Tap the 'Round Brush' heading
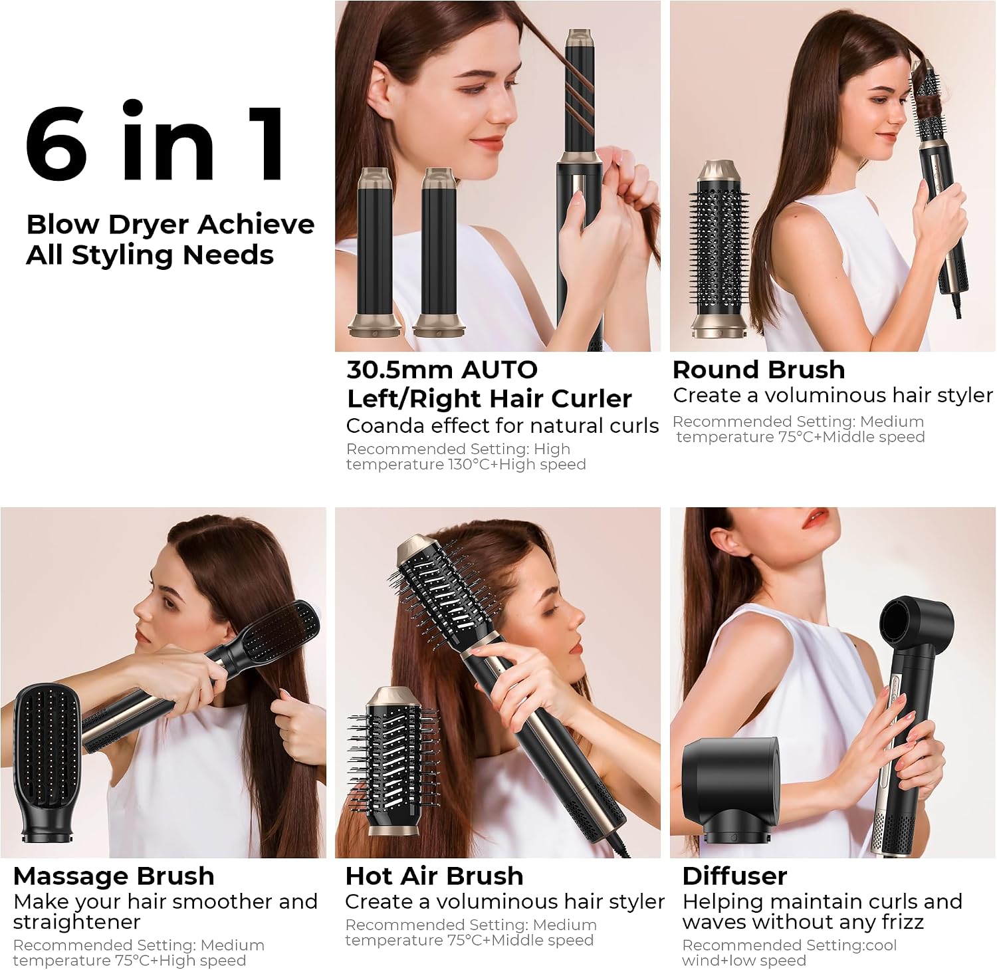pos(758,370)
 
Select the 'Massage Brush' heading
pos(114,876)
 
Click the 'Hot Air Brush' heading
pos(434,876)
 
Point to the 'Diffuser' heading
pos(734,876)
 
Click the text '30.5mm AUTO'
pos(442,370)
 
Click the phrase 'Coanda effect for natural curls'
pos(502,425)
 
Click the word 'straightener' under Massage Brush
pos(76,922)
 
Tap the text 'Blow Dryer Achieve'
pos(170,225)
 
